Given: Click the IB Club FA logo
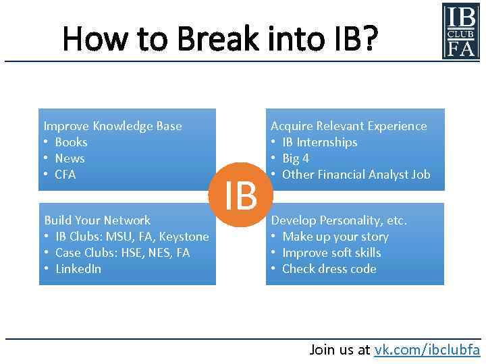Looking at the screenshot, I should pos(460,31).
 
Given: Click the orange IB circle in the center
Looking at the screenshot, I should pos(241,195).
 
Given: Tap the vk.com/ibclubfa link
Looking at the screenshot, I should pos(427,349).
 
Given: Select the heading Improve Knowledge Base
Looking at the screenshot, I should pos(113,126).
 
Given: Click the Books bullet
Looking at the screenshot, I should pos(71,142).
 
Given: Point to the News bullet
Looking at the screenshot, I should pos(70,158).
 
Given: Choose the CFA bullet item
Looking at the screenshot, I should pos(65,175).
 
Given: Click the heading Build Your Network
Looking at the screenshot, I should pos(97,220).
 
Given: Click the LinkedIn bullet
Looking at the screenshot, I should pos(78,269).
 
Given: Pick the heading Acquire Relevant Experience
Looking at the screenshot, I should pos(348,126).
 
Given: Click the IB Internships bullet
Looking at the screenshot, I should pos(319,142).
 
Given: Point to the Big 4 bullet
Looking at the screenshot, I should pos(296,158).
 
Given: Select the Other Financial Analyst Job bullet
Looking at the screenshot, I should pos(356,175).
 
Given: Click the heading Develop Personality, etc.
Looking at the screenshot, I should pos(339,220).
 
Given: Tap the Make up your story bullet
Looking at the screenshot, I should pos(335,237).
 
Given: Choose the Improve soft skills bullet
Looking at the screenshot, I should pos(331,253).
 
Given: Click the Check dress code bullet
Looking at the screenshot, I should pos(329,269).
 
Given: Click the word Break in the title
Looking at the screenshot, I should pos(217,39).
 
